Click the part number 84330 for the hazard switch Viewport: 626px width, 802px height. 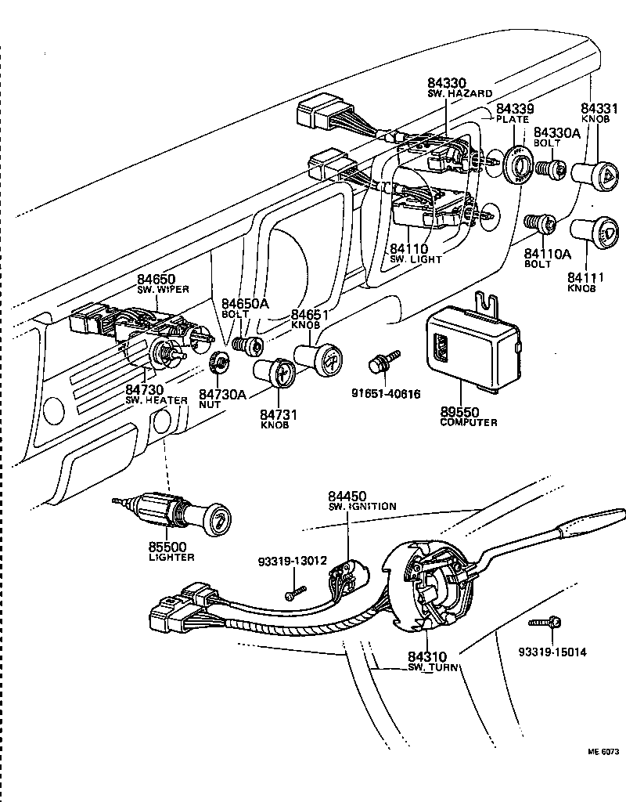(446, 82)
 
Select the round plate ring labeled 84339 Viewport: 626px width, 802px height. (518, 164)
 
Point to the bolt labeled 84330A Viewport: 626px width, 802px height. (556, 168)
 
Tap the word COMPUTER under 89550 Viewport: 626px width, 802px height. (469, 422)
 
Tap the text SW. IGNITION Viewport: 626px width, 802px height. (362, 507)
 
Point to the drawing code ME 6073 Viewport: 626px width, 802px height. (603, 751)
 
